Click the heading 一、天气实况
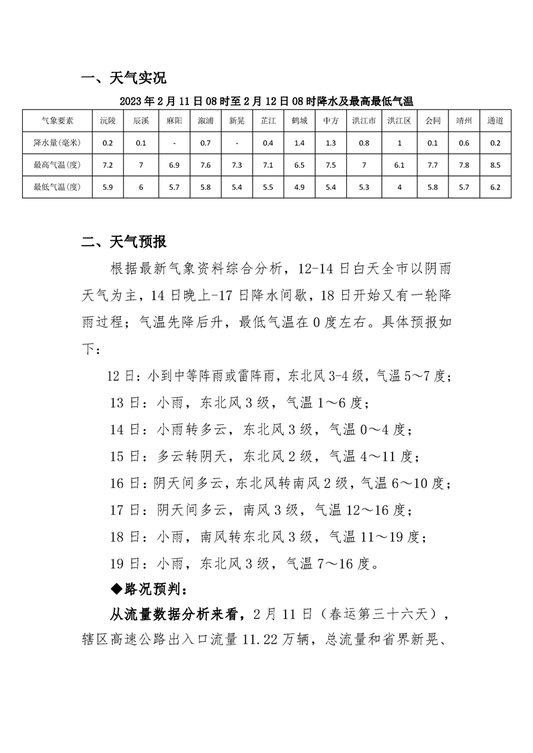[123, 79]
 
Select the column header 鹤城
[299, 121]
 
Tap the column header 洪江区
[399, 121]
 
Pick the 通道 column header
[495, 121]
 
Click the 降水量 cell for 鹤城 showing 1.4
[299, 143]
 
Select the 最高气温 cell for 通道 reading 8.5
[495, 165]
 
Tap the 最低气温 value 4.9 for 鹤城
[299, 187]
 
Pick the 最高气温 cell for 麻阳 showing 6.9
[173, 165]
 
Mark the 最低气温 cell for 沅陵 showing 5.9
[108, 187]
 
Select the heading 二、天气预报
[124, 242]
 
